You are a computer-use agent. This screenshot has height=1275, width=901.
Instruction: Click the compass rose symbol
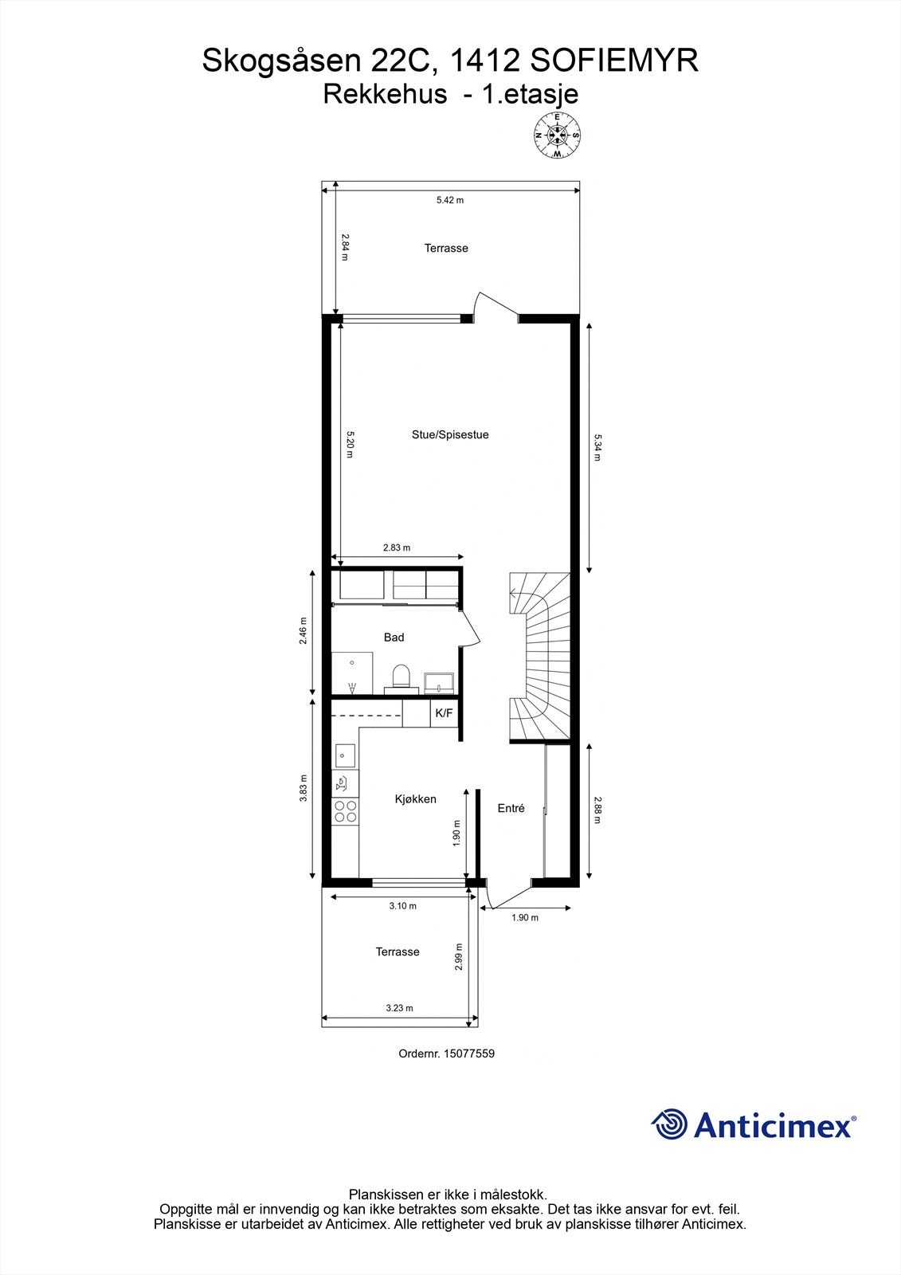(557, 135)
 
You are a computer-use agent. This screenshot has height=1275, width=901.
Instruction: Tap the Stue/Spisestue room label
(450, 435)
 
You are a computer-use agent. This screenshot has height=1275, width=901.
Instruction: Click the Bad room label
(394, 637)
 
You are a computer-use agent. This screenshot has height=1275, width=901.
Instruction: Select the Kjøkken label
(416, 799)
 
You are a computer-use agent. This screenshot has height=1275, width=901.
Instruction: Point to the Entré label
(511, 808)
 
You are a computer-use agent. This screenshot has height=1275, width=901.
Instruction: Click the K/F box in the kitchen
(443, 713)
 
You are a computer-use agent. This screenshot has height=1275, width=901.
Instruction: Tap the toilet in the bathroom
(401, 677)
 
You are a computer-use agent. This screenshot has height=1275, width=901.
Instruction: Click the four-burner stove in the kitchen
(345, 812)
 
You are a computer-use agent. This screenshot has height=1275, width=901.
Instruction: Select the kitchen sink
(344, 755)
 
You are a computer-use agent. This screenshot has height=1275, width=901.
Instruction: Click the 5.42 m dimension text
(449, 200)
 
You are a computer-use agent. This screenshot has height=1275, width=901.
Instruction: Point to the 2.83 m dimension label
(396, 547)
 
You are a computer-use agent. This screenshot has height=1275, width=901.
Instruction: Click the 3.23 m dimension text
(399, 1008)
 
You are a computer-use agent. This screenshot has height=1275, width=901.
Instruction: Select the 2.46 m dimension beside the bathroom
(304, 631)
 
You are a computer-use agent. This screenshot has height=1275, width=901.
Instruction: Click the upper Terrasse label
(446, 249)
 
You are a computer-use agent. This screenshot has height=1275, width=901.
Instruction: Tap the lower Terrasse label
(398, 952)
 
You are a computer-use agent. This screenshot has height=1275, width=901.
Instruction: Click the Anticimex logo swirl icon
(669, 1125)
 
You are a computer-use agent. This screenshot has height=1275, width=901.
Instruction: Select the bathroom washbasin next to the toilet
(439, 682)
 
